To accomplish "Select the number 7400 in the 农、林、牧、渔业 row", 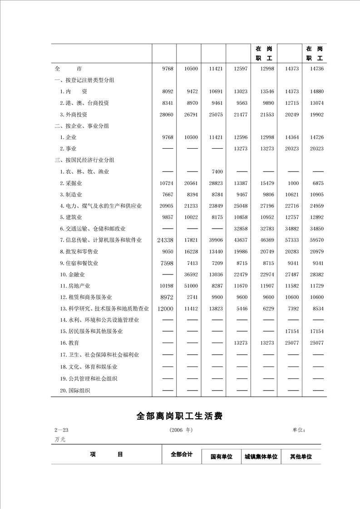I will coord(217,171).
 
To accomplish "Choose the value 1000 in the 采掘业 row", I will coord(293,183).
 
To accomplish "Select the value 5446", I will coord(241,308).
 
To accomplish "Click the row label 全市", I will coord(68,69).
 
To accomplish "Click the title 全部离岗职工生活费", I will coord(179,416).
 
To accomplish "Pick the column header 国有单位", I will coord(221,457).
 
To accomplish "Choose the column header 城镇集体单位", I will coord(261,457).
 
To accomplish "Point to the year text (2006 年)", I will coord(181,430).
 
